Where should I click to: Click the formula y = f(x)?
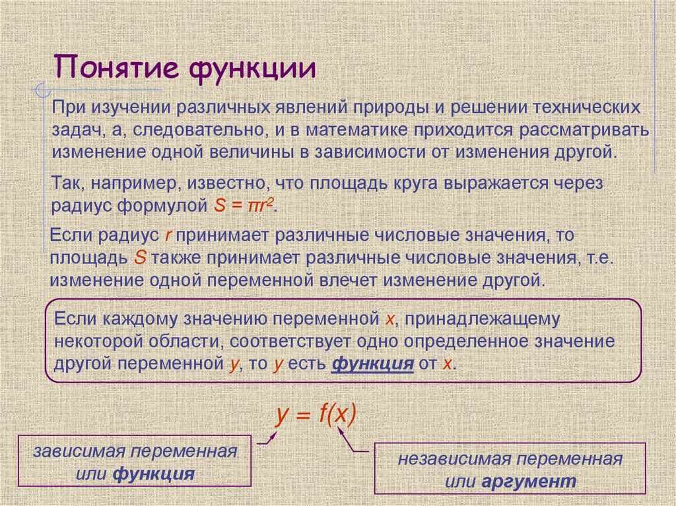pyautogui.click(x=316, y=414)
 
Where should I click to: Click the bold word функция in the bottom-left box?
pyautogui.click(x=153, y=474)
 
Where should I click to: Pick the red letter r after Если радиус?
pyautogui.click(x=168, y=235)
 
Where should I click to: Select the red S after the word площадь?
pyautogui.click(x=139, y=257)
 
